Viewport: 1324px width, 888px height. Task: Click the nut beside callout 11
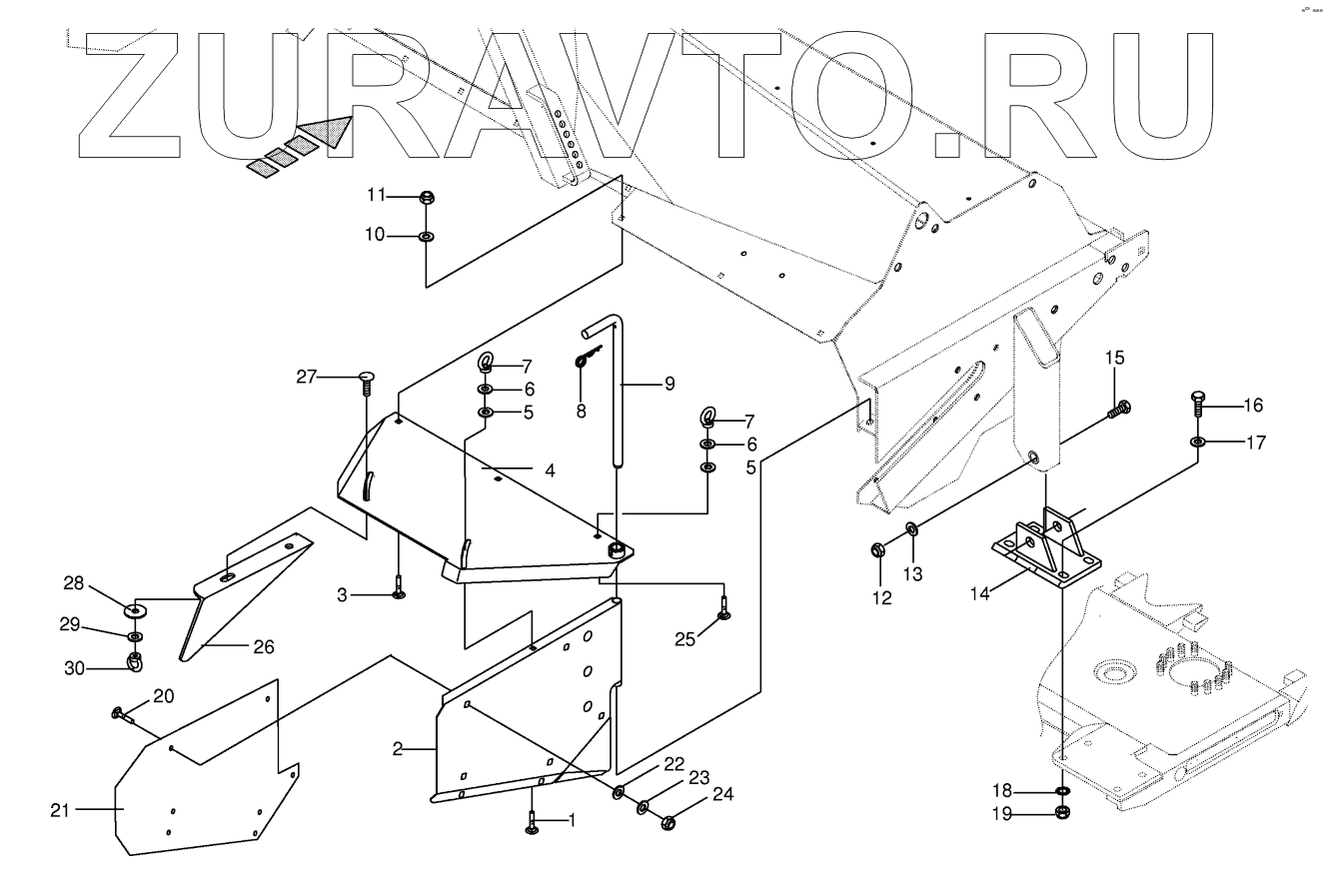tap(426, 196)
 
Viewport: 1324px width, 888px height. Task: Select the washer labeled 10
tap(426, 237)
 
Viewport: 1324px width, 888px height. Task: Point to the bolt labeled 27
tap(366, 380)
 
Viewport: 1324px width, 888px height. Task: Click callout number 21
tap(61, 810)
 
